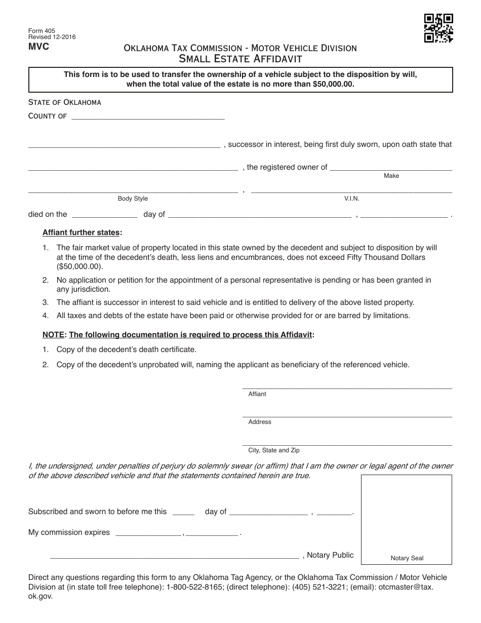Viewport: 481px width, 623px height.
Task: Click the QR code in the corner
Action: click(438, 28)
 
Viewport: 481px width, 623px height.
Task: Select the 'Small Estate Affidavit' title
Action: click(240, 59)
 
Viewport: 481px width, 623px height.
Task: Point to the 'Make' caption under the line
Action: click(391, 176)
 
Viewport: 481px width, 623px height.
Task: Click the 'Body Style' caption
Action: click(133, 199)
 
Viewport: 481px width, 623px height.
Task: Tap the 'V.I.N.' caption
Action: click(351, 199)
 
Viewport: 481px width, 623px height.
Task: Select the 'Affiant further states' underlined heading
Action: click(81, 232)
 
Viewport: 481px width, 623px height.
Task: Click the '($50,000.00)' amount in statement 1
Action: click(79, 266)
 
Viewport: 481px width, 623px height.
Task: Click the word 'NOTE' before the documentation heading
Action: click(53, 335)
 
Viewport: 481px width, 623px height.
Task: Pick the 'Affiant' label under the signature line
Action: click(257, 394)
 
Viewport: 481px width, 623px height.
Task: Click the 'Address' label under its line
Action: click(260, 422)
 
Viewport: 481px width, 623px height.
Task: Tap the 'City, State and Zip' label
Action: click(274, 450)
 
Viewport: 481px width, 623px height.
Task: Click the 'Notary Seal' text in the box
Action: click(407, 558)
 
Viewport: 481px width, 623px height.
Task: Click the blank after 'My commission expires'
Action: click(148, 533)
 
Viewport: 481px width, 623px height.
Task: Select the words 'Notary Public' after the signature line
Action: click(330, 555)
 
